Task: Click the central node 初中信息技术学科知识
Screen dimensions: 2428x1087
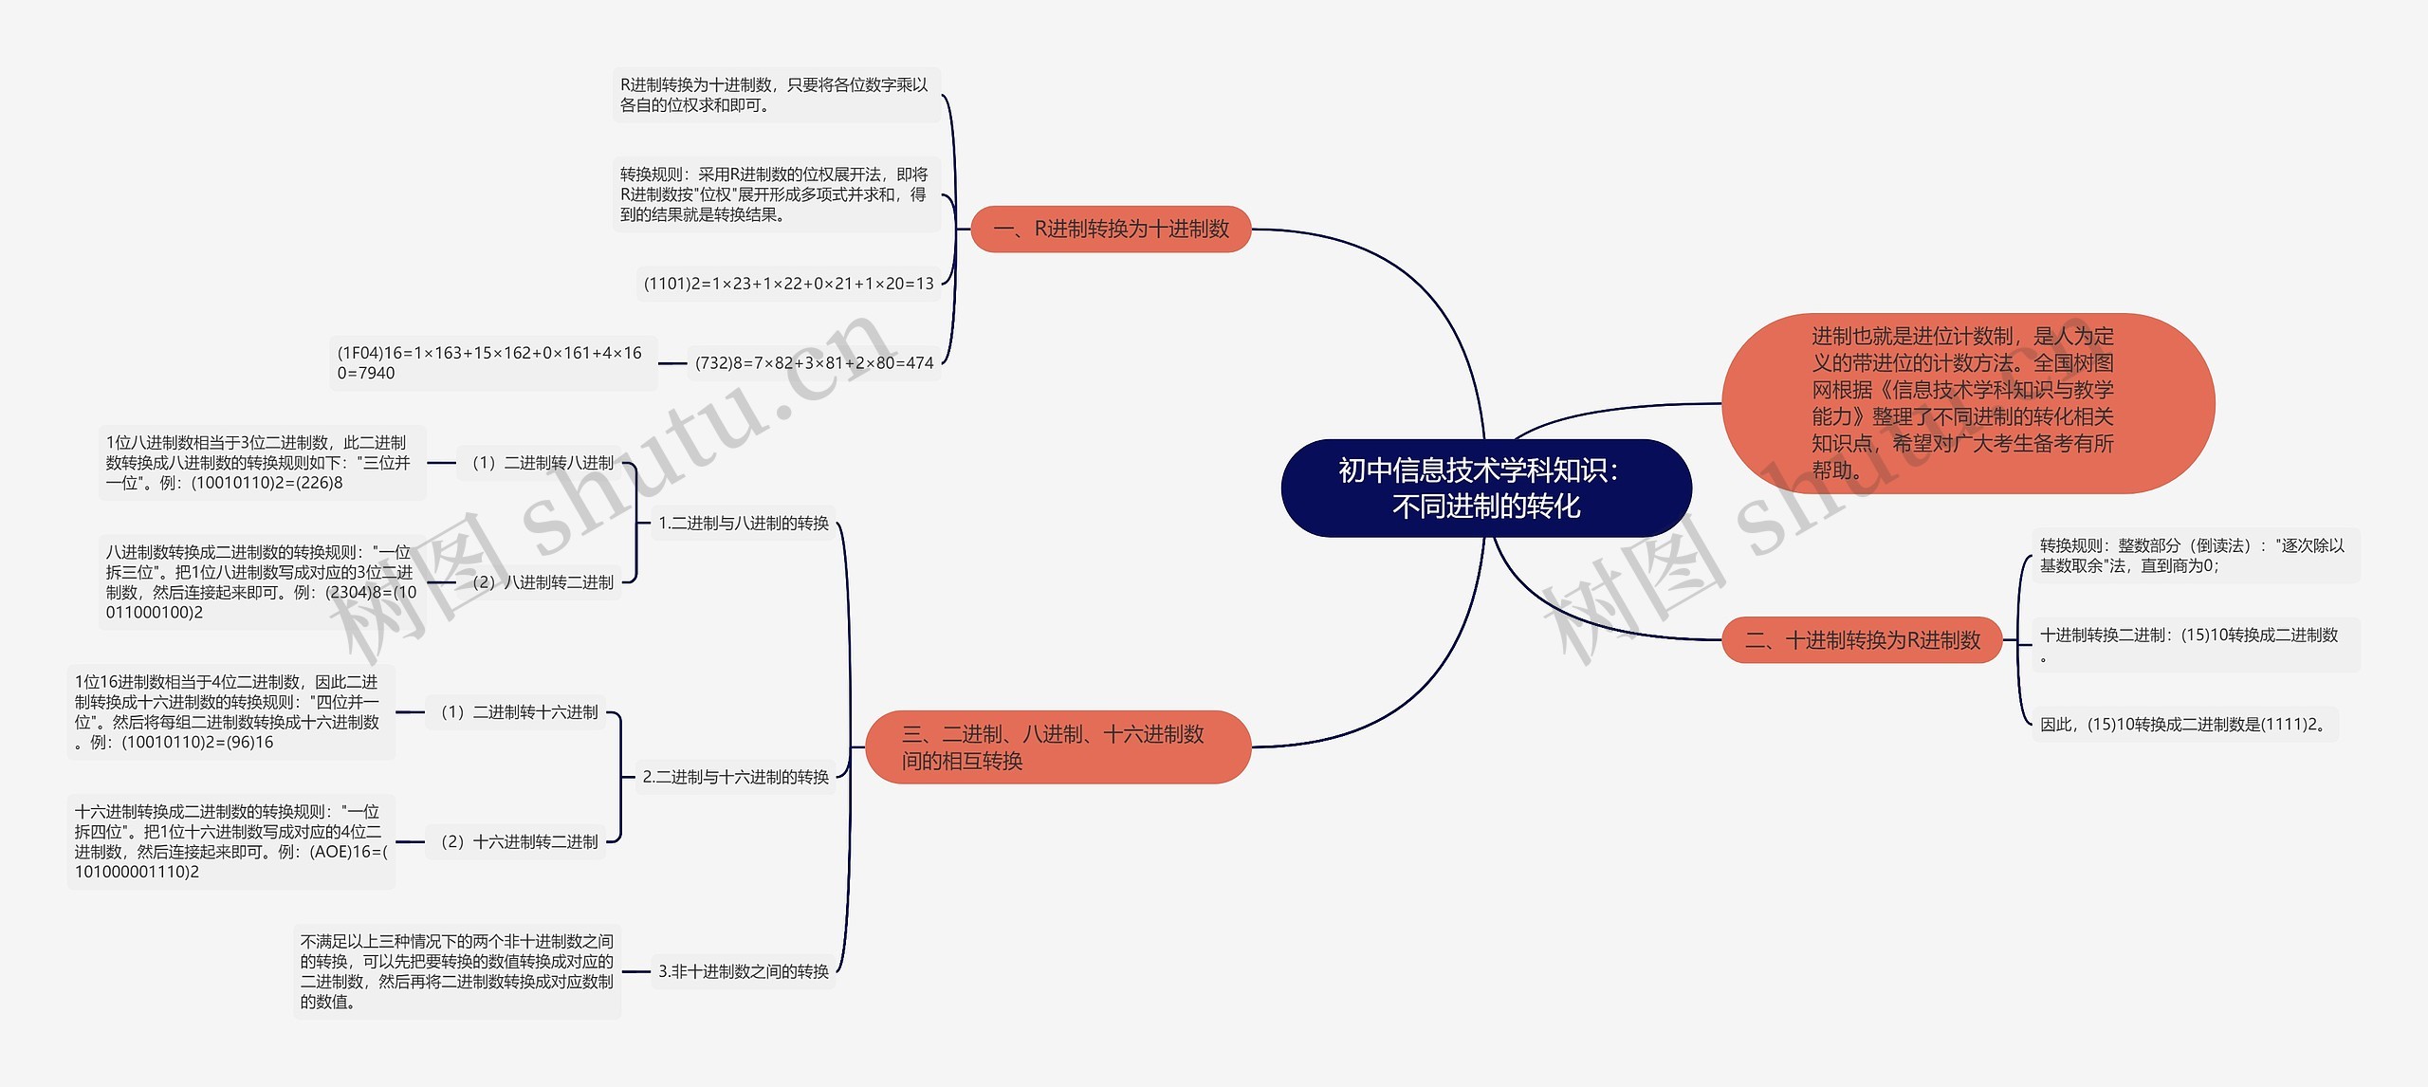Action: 1485,488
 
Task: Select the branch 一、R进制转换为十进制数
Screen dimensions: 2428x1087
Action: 1111,229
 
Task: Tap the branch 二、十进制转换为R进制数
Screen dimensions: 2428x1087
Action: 1862,640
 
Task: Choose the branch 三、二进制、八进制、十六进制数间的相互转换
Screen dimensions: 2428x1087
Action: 1058,746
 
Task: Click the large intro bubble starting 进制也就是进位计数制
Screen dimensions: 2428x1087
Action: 1966,403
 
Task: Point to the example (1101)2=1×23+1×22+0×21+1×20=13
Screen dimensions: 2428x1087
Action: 788,284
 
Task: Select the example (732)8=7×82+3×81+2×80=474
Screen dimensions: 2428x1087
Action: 814,362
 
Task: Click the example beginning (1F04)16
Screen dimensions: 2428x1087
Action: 492,362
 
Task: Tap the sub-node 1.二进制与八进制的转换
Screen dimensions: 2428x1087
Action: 743,523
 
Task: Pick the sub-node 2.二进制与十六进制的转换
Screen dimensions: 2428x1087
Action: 735,777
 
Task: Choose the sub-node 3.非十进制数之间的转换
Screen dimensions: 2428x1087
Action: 743,971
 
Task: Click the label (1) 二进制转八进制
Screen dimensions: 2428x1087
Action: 542,463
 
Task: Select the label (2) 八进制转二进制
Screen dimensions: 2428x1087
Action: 542,581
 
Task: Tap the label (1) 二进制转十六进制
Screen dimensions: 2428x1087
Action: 518,712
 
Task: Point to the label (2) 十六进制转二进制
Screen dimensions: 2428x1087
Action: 518,841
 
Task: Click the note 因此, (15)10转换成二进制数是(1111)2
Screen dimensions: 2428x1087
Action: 2183,725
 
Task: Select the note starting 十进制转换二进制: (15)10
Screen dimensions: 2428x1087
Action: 2194,644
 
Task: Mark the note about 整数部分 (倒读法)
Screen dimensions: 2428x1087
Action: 2194,555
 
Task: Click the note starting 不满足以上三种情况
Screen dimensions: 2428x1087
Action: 457,971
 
